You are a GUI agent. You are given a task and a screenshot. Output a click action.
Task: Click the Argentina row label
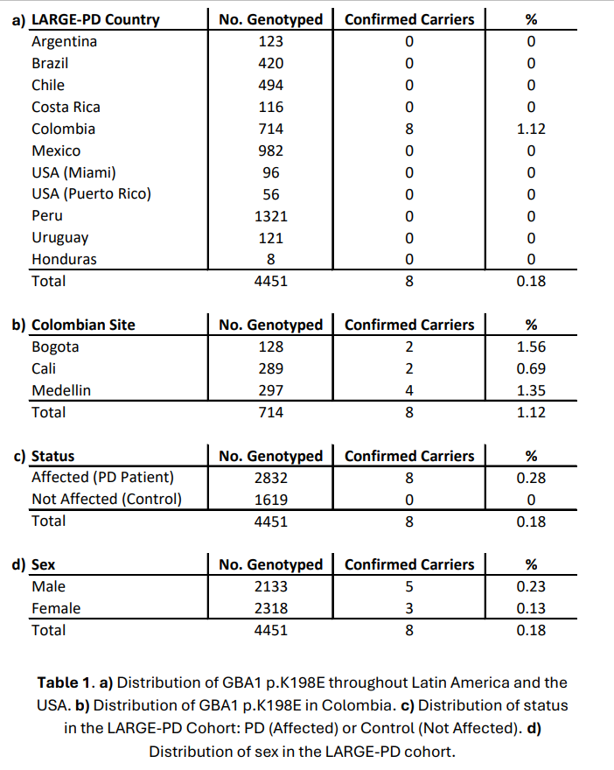coord(64,41)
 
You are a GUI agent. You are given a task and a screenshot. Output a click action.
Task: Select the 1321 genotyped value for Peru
coord(271,215)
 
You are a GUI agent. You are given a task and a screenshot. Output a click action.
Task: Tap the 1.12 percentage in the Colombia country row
coord(531,129)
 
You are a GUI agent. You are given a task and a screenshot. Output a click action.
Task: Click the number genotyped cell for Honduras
coord(271,259)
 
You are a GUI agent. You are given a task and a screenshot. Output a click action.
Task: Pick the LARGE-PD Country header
coord(95,19)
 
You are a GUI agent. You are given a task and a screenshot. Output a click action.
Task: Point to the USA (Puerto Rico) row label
coord(91,193)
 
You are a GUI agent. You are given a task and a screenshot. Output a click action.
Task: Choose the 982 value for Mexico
coord(271,150)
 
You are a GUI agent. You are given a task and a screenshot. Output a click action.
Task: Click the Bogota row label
coord(55,346)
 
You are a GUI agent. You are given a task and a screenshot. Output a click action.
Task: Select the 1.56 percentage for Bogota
coord(531,346)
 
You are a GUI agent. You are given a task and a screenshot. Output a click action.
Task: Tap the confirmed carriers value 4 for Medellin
coord(409,390)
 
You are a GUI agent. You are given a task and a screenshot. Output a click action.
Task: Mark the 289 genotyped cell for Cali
coord(271,368)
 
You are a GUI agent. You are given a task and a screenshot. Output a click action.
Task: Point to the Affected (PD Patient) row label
coord(102,477)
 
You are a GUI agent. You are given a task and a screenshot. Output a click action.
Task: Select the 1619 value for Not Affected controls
coord(271,499)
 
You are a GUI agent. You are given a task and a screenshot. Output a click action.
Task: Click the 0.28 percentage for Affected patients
coord(531,477)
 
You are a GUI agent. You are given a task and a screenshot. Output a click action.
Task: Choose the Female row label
coord(56,608)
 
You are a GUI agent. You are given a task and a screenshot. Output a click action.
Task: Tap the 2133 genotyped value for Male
coord(271,586)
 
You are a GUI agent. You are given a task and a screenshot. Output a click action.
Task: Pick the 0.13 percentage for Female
coord(531,608)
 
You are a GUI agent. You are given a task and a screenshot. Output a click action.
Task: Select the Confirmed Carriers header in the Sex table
coord(409,564)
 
